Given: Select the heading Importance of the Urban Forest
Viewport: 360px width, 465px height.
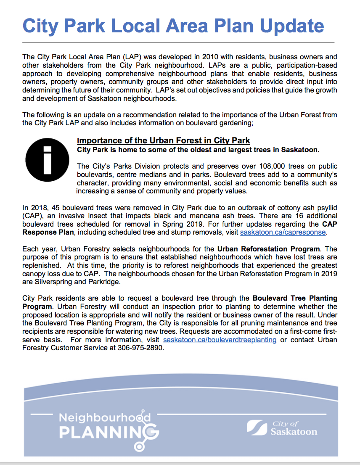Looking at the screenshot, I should (164, 141).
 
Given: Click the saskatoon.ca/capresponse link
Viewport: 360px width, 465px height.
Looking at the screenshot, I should (283, 232).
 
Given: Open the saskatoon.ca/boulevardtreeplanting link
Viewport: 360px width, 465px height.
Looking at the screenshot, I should (220, 340).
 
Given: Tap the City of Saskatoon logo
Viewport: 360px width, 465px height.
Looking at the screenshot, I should (282, 428).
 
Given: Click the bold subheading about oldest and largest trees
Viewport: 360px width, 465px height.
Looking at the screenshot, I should (198, 150).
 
